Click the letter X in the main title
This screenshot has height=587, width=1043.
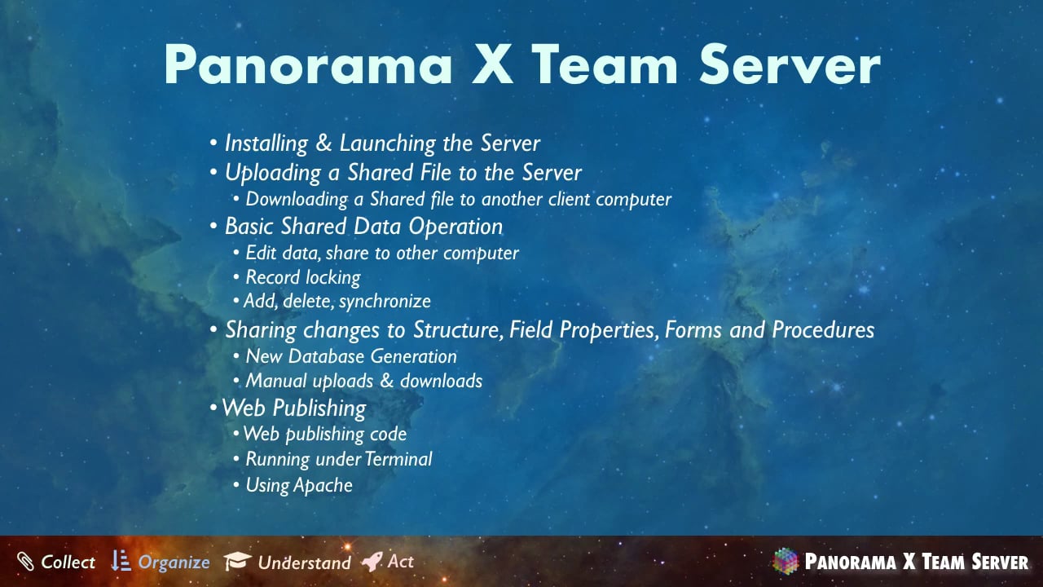tap(492, 64)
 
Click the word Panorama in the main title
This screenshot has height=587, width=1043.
tap(308, 64)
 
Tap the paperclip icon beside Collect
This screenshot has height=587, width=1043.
tap(25, 562)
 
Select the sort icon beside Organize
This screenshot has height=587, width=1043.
tap(121, 560)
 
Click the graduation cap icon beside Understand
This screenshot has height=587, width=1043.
tap(237, 561)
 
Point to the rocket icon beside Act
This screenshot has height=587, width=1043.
tap(372, 561)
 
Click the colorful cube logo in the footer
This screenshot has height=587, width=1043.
tap(786, 561)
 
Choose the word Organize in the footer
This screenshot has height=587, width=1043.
tap(174, 563)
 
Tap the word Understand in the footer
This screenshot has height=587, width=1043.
tap(305, 563)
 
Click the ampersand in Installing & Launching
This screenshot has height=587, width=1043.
tap(323, 143)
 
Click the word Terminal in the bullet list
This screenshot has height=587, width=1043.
tap(398, 459)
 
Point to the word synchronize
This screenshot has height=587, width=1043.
tap(385, 302)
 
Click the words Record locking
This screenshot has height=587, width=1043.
tap(302, 278)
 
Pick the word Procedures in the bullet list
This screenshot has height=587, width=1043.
tap(823, 330)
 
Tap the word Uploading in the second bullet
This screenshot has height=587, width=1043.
tap(273, 173)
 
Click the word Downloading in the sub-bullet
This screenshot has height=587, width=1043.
tap(297, 200)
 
